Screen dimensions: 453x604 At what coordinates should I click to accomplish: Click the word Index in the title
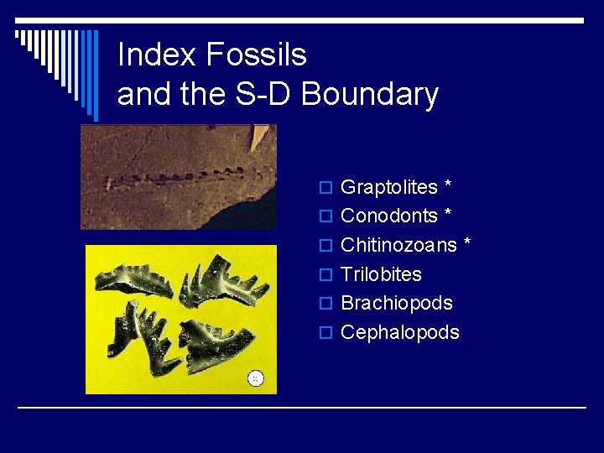click(148, 55)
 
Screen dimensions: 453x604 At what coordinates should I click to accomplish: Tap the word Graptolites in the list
click(389, 187)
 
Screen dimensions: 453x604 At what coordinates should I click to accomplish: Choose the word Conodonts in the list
click(389, 216)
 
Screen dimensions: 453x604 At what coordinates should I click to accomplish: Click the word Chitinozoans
click(398, 245)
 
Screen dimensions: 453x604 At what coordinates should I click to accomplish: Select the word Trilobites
click(381, 274)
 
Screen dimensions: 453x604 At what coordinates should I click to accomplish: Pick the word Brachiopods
click(397, 303)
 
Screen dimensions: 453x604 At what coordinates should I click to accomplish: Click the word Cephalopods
click(400, 332)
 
